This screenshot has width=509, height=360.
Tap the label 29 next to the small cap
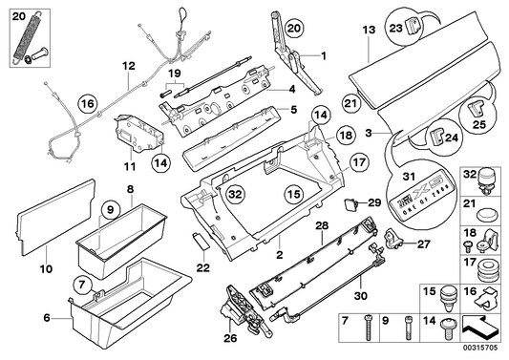[x=373, y=204]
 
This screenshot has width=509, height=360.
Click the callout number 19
[x=173, y=73]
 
